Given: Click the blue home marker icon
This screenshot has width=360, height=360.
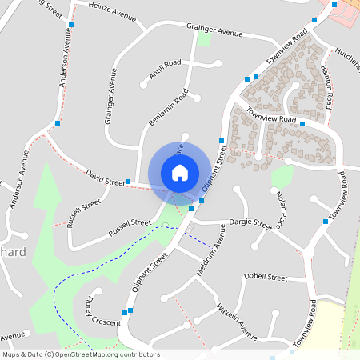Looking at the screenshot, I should [180, 173].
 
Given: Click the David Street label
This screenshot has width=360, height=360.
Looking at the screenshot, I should [105, 177].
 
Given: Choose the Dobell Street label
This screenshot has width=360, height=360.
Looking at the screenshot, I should [266, 277].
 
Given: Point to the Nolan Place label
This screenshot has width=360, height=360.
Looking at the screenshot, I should [281, 206].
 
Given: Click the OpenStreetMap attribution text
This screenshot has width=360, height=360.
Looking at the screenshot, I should [81, 354].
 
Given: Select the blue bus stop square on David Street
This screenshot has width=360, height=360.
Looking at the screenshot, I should [129, 182].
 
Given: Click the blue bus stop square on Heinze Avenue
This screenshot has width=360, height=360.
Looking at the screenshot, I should [70, 25].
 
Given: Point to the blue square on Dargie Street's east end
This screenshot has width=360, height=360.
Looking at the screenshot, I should [326, 221].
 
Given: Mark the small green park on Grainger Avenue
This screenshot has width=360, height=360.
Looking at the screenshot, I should [205, 38].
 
